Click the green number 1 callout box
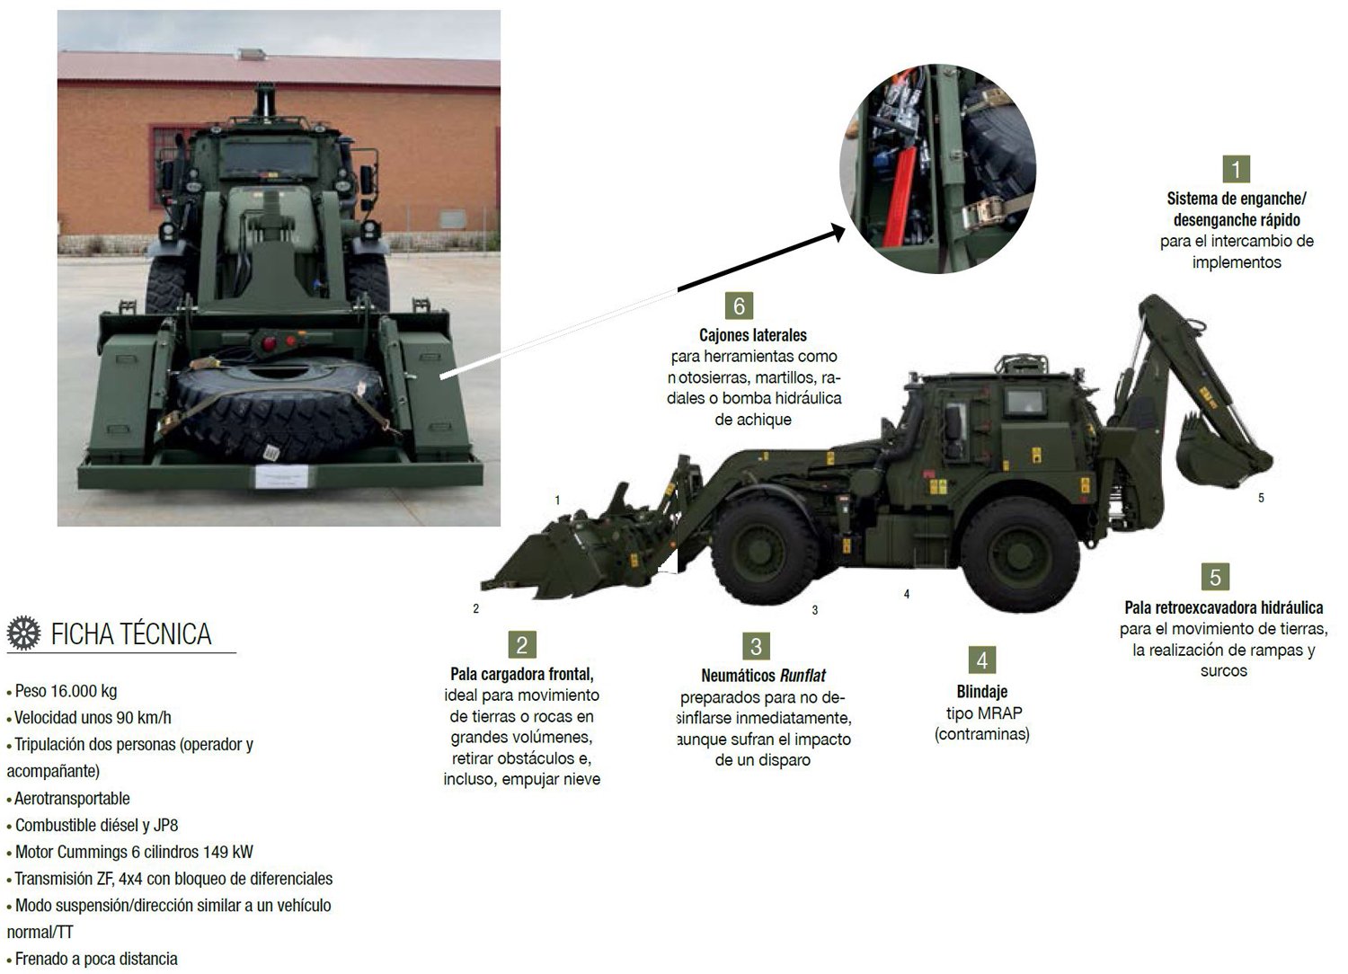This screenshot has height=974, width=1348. click(1236, 169)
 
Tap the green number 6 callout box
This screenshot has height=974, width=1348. click(739, 306)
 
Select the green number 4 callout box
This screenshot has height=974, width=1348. click(982, 660)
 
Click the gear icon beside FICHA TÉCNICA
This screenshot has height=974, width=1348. click(24, 633)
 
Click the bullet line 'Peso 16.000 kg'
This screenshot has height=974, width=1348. click(62, 691)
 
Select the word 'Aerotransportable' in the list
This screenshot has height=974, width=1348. click(72, 798)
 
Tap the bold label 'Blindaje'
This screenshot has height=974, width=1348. click(982, 692)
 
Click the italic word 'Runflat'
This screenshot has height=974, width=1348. click(803, 676)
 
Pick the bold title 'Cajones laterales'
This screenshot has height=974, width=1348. click(753, 335)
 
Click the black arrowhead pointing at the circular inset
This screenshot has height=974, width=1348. click(838, 232)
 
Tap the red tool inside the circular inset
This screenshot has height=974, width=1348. click(900, 196)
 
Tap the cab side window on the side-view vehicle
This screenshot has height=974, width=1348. click(1025, 401)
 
